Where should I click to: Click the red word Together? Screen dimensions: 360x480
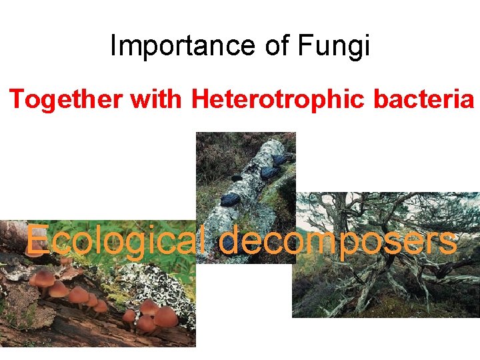pyautogui.click(x=66, y=99)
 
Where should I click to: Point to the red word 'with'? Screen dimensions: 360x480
pyautogui.click(x=157, y=99)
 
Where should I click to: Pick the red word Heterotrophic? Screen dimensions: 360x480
pyautogui.click(x=277, y=99)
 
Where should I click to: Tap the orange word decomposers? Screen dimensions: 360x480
pyautogui.click(x=338, y=239)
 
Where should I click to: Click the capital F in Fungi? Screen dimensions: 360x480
pyautogui.click(x=305, y=46)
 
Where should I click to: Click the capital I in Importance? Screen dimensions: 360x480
pyautogui.click(x=113, y=46)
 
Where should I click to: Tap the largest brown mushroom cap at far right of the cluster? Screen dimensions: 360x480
pyautogui.click(x=165, y=316)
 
